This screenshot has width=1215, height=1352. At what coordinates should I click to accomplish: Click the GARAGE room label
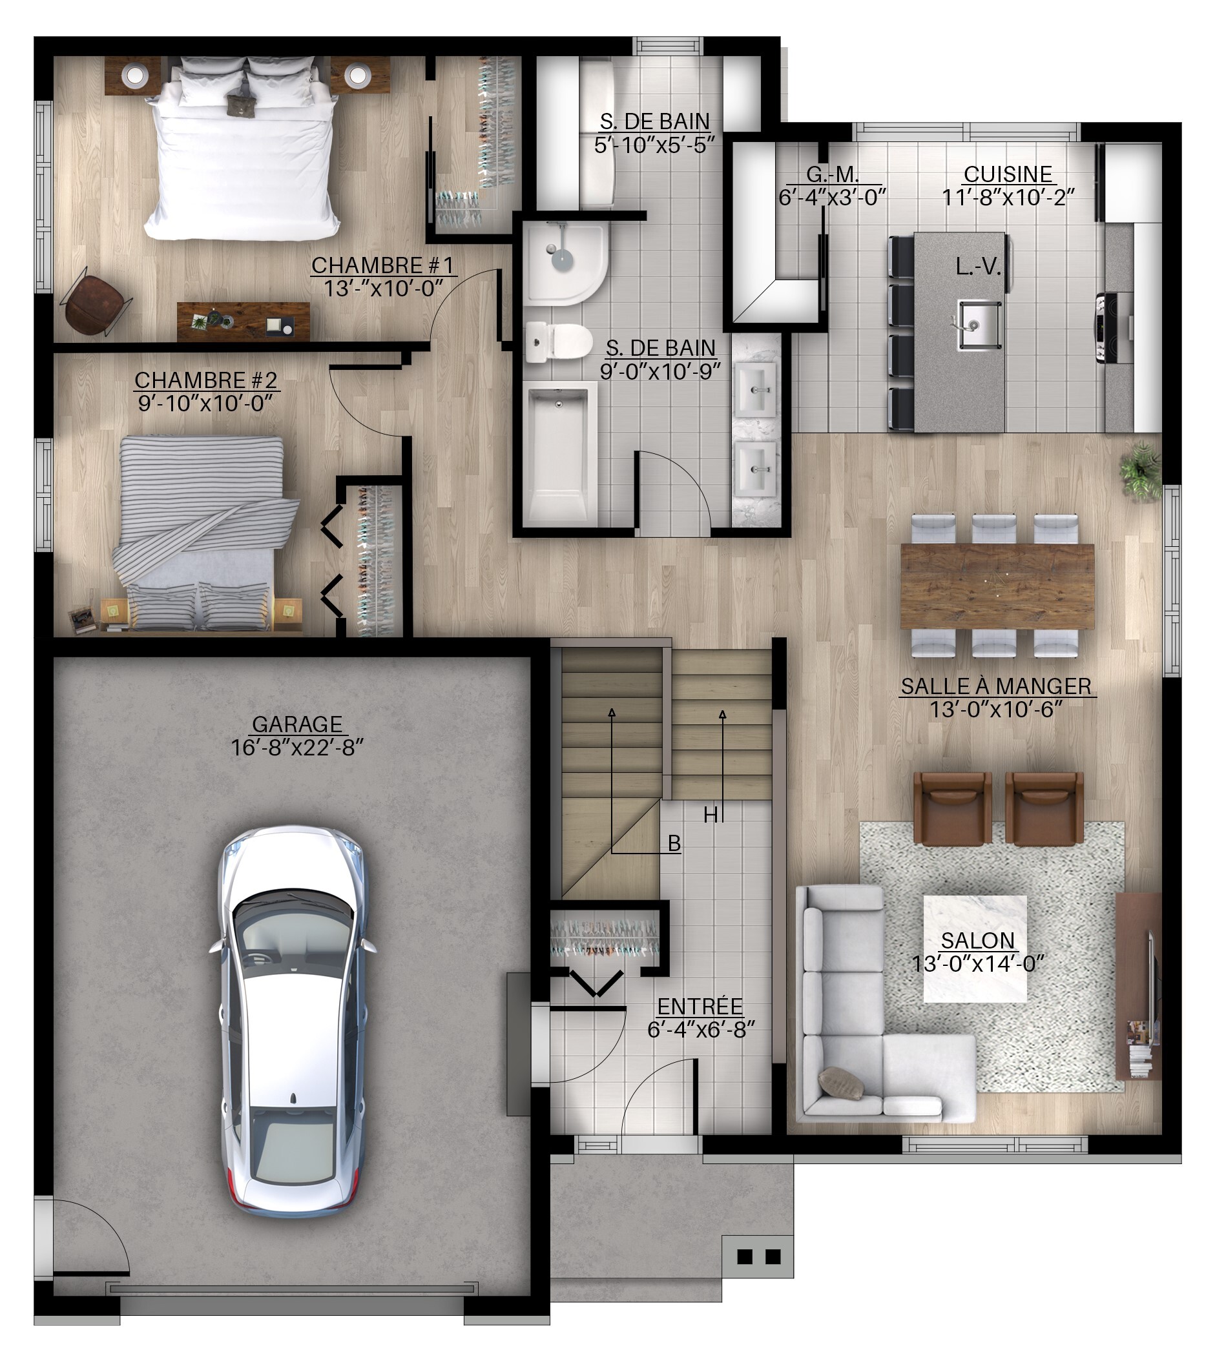pyautogui.click(x=297, y=724)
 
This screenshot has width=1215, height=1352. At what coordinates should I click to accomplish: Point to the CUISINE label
pyautogui.click(x=1008, y=174)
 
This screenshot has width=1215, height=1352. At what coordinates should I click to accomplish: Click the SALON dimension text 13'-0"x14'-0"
pyautogui.click(x=978, y=963)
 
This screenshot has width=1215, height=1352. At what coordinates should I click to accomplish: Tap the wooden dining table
pyautogui.click(x=997, y=586)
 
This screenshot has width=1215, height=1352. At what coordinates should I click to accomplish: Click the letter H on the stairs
pyautogui.click(x=711, y=815)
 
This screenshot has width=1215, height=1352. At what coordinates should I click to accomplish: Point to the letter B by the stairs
pyautogui.click(x=674, y=843)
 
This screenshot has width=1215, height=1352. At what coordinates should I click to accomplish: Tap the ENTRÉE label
pyautogui.click(x=700, y=1007)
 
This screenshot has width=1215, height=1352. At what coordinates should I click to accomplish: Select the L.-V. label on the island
pyautogui.click(x=978, y=267)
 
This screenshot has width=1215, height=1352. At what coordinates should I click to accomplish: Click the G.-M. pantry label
pyautogui.click(x=833, y=174)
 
